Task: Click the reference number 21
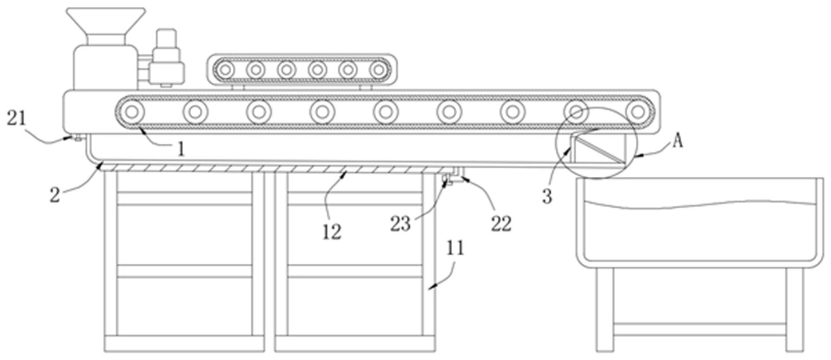(x=16, y=118)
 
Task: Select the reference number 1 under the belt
(x=181, y=149)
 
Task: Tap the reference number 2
(x=55, y=194)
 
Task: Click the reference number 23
(x=401, y=223)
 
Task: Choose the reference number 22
(x=501, y=223)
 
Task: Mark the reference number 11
(x=456, y=249)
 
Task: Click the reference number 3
(x=547, y=196)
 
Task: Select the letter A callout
(x=677, y=141)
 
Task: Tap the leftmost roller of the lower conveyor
(x=132, y=111)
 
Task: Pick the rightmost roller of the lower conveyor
(x=639, y=111)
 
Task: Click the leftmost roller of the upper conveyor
(x=226, y=70)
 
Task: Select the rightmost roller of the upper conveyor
(x=378, y=70)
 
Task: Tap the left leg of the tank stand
(x=604, y=309)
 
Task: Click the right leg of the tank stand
(x=794, y=309)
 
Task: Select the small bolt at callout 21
(x=77, y=137)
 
